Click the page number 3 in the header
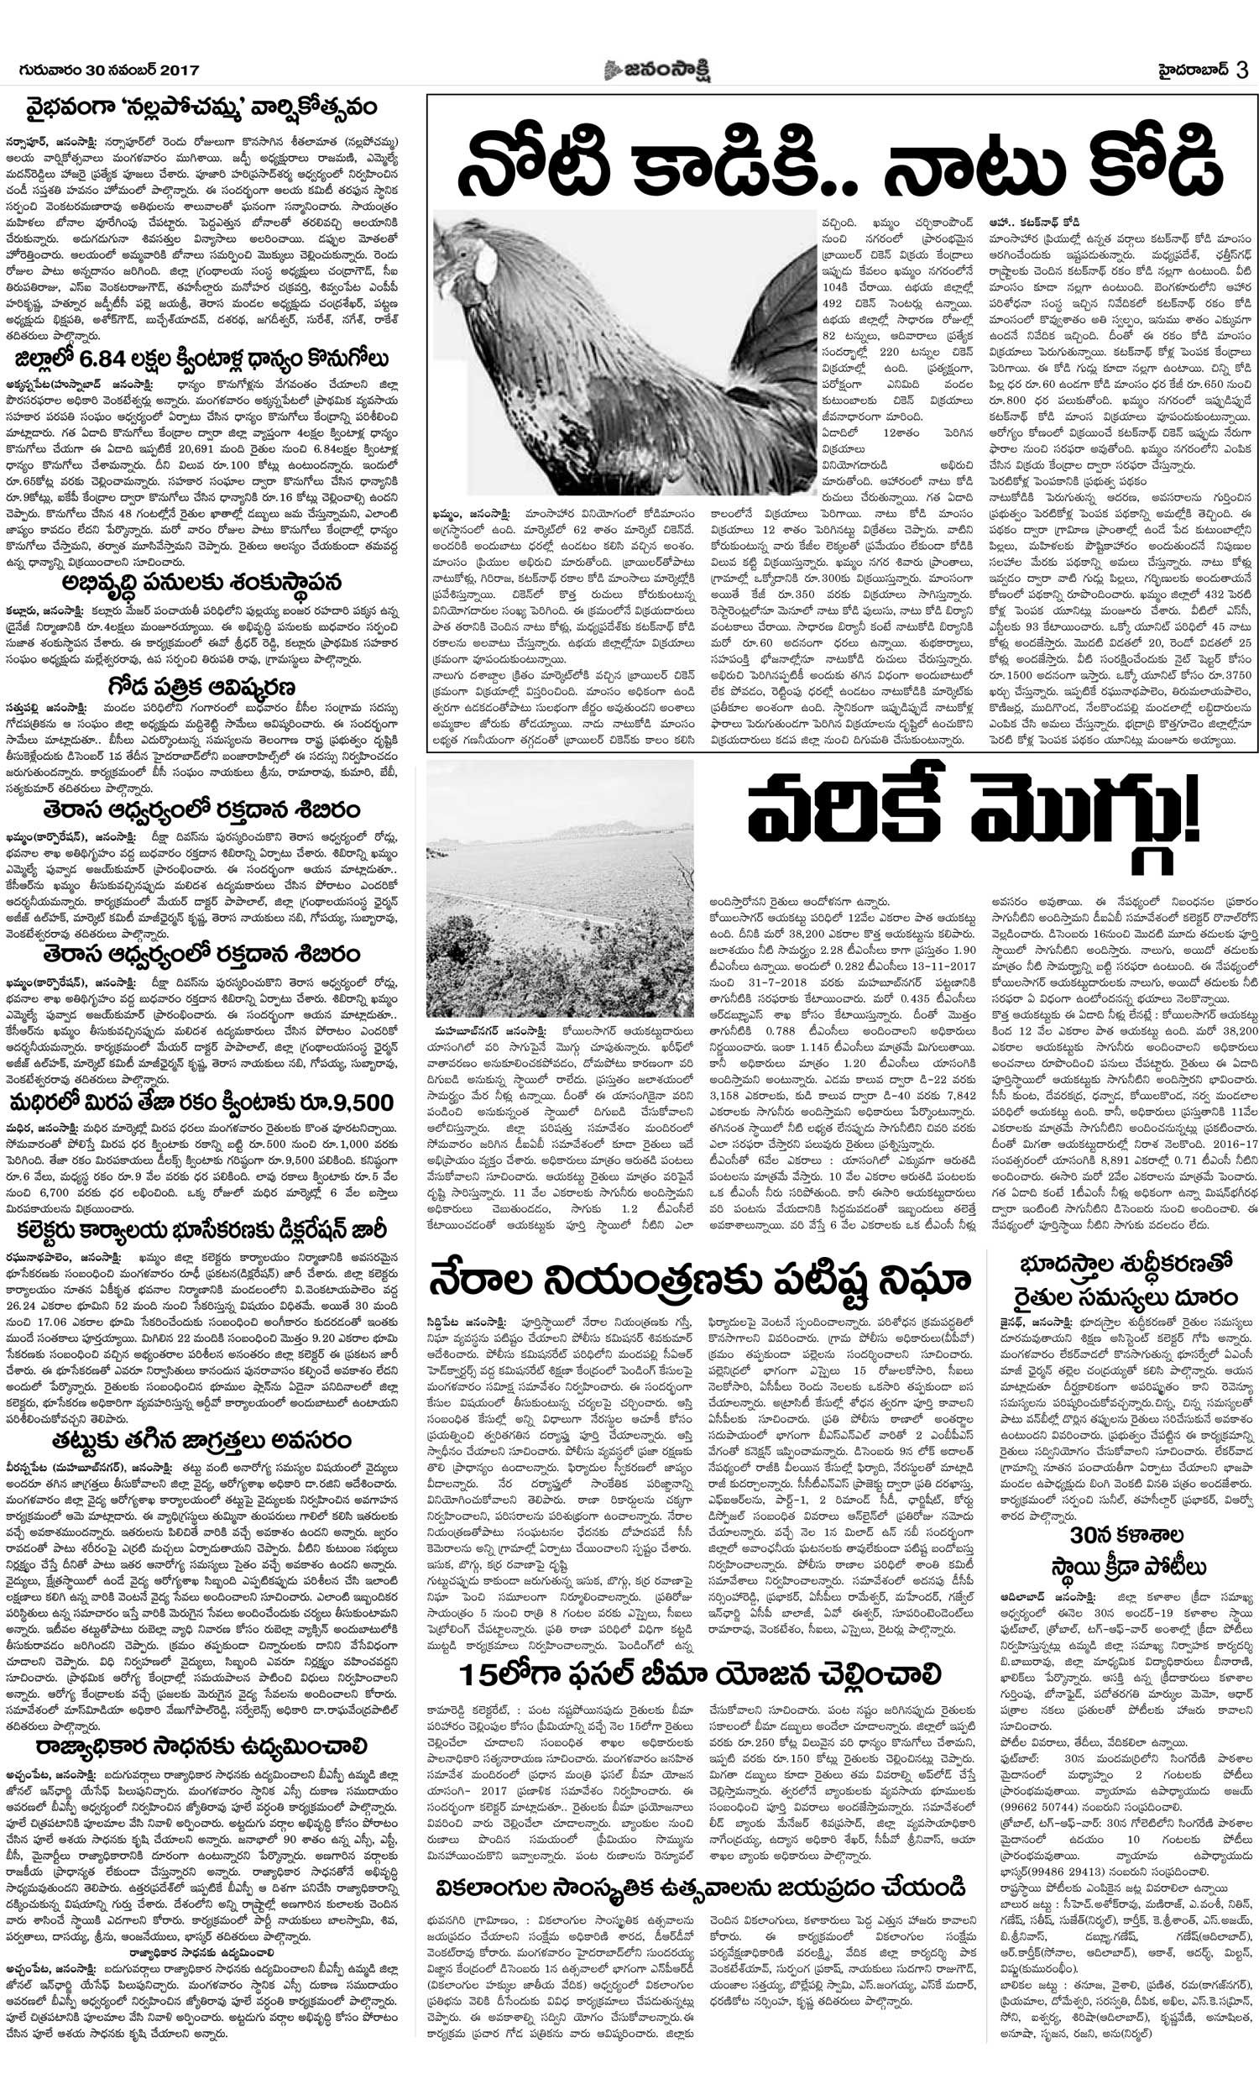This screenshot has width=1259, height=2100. pos(1241,71)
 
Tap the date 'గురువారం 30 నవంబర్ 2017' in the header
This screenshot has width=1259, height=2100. pos(108,71)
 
